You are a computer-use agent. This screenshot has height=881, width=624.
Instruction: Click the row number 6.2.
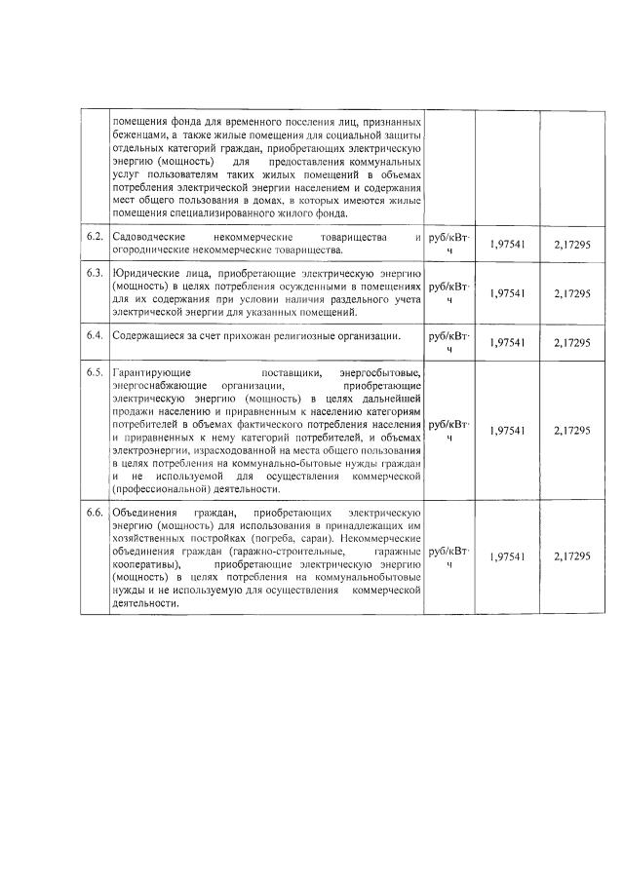95,238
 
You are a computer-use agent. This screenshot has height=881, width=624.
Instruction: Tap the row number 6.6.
95,513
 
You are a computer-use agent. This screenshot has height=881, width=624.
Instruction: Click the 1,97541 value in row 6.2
507,244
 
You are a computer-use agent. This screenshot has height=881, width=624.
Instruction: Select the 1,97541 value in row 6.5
507,431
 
